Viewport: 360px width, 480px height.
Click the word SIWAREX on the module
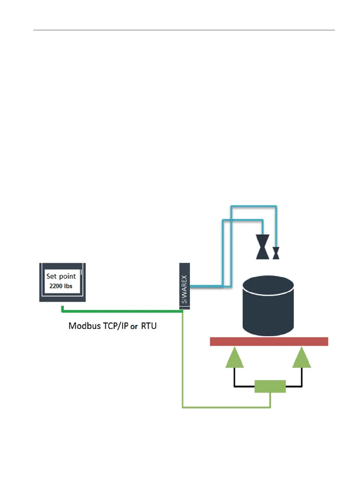click(184, 289)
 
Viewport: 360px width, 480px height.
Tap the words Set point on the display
click(61, 276)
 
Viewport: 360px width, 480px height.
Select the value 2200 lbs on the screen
click(61, 286)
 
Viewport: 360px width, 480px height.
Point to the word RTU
click(149, 326)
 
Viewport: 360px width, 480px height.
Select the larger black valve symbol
click(262, 247)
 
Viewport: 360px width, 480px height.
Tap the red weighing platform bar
click(269, 341)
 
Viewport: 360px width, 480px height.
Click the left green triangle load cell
click(234, 358)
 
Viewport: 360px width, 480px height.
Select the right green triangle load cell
click(302, 358)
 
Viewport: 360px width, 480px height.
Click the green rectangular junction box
click(270, 386)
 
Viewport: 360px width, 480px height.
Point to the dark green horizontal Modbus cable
click(121, 311)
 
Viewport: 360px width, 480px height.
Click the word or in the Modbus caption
click(134, 326)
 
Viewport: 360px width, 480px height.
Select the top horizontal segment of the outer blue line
click(254, 207)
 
